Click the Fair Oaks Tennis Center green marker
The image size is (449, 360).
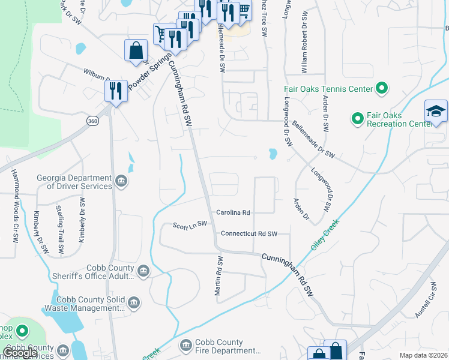[x=381, y=89]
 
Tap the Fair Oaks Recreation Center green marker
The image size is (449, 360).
[x=357, y=119]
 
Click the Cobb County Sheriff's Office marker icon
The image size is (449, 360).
[x=143, y=272]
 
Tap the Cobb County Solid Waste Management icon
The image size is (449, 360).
[x=134, y=303]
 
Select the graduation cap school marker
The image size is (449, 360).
[x=435, y=112]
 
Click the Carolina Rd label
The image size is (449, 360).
[x=233, y=212]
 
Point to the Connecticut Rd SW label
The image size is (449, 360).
[x=249, y=233]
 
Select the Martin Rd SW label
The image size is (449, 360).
[x=220, y=276]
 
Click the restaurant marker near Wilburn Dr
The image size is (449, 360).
[x=115, y=91]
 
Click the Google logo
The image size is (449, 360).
[x=20, y=353]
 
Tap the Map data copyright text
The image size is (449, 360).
[x=423, y=355]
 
